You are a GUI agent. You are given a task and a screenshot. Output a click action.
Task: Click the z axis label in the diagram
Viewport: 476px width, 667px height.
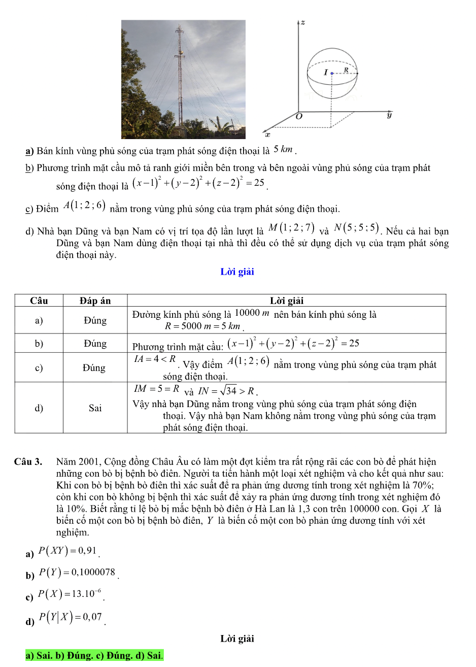coord(302,23)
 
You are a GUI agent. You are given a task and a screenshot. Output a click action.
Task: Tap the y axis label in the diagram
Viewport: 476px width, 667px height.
coord(389,115)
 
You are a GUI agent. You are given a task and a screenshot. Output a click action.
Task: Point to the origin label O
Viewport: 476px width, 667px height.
coord(299,117)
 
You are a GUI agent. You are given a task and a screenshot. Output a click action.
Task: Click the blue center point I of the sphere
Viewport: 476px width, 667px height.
coord(332,74)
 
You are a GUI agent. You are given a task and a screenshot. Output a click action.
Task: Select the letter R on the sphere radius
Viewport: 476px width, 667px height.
coord(346,70)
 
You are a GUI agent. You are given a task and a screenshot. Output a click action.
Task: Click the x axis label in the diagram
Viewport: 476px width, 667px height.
coord(268,135)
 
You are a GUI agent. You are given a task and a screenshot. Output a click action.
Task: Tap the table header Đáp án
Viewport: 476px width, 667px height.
coord(95,301)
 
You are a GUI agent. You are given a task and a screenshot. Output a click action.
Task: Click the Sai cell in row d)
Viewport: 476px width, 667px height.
coord(95,408)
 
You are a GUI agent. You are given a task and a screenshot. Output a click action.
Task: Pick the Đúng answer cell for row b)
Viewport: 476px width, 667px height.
coord(95,344)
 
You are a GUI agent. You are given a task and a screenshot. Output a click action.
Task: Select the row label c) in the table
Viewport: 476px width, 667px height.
coord(39,368)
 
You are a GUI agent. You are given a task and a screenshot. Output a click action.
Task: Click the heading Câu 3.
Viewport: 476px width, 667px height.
coord(28,461)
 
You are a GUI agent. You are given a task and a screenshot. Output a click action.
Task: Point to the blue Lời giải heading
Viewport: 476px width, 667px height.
coord(237,272)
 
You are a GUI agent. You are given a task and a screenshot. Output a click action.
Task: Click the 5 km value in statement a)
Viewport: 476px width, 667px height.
coord(283,149)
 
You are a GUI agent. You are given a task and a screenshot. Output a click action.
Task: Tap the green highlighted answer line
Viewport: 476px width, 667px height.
coord(94,655)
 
